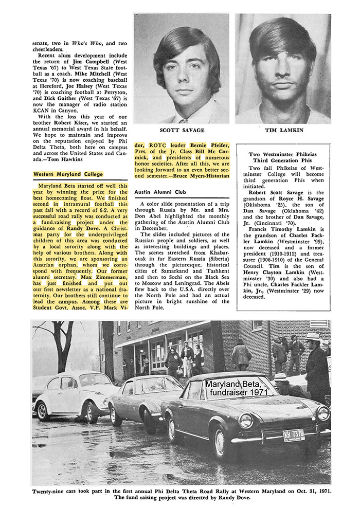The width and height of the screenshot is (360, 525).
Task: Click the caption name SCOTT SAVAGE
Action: point(182,131)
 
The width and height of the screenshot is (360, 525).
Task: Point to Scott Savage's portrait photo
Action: point(182,69)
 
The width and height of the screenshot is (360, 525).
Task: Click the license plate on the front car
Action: point(293,435)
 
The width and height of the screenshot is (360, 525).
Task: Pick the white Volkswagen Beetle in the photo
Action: point(72,393)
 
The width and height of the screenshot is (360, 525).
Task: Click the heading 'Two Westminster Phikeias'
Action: point(284,154)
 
